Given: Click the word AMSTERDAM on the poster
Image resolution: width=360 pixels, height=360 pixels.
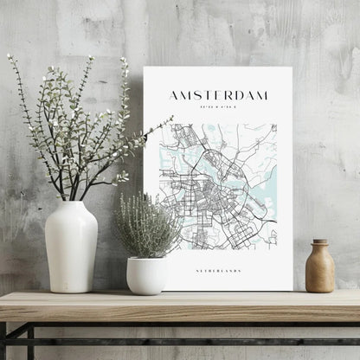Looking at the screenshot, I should [x=218, y=95].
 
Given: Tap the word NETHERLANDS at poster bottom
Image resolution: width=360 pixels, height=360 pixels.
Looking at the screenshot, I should [x=218, y=271].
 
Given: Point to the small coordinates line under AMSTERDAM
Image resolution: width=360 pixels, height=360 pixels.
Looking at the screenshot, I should [x=218, y=107].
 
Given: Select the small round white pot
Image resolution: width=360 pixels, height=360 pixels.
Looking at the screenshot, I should [x=147, y=274].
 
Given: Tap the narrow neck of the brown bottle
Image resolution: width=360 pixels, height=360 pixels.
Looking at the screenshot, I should [x=320, y=246].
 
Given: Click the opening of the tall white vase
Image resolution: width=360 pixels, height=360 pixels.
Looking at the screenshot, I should [x=71, y=204].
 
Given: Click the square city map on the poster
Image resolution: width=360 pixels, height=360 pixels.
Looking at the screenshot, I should [x=218, y=186].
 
